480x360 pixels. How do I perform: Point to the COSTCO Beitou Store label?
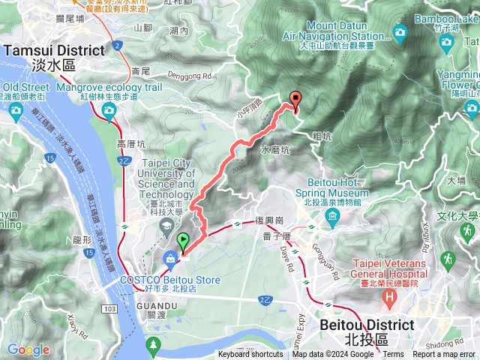click(x=171, y=280)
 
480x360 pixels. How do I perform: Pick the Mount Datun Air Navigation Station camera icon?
click(x=400, y=33)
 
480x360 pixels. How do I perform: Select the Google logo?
click(x=28, y=349)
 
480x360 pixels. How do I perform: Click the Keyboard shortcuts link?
click(x=250, y=355)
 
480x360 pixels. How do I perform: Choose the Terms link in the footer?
click(x=393, y=355)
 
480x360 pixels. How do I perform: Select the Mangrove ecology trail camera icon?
click(x=109, y=112)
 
